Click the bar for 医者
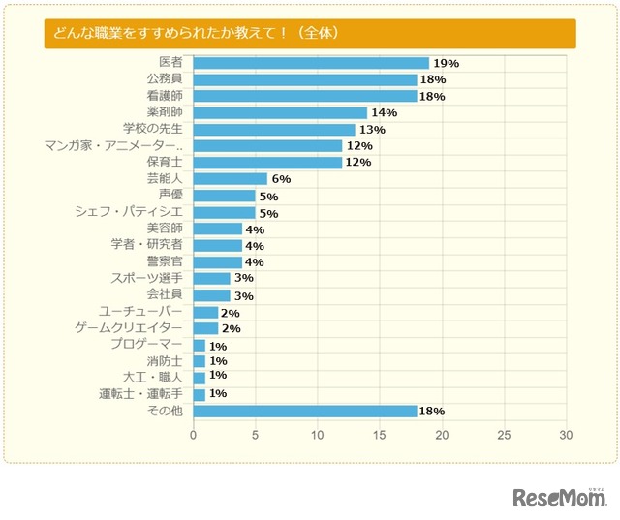(310, 63)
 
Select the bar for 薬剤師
(280, 112)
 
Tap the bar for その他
(304, 411)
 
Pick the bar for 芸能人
(230, 178)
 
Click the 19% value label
(447, 63)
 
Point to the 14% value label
(385, 112)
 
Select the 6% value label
(281, 179)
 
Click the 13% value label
(372, 129)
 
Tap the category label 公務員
(164, 78)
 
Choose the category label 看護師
(164, 95)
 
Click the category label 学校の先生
(152, 128)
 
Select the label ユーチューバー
(140, 311)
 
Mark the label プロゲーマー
(145, 344)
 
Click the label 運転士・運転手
(140, 394)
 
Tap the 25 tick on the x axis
(504, 435)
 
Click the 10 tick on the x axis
(318, 435)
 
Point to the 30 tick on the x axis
(566, 435)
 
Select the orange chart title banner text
(198, 33)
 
